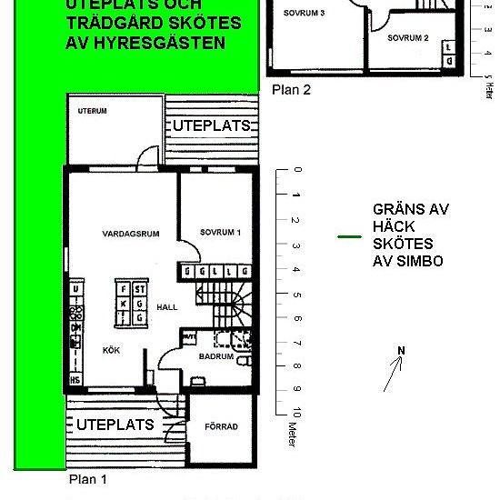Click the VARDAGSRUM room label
point(131,234)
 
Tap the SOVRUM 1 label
point(220,234)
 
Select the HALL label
point(166,307)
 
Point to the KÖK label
point(111,349)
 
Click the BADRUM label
point(215,358)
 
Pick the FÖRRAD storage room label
point(221,425)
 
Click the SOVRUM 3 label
point(304,15)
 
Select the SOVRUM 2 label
point(406,38)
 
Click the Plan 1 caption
point(88,478)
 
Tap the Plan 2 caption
point(291,89)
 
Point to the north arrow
point(393,374)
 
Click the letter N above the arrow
point(400,351)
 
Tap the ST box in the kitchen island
point(139,289)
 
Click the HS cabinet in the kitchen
point(75,379)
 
